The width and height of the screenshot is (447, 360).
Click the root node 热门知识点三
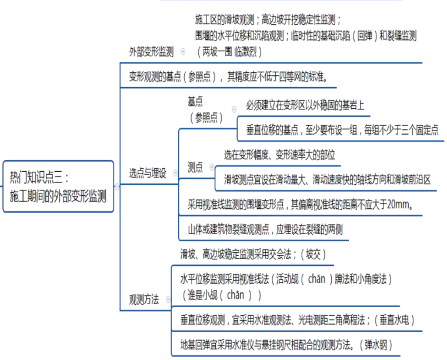58,185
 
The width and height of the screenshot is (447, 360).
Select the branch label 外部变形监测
151,52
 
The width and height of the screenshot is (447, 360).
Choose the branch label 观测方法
144,299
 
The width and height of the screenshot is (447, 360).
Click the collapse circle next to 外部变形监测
184,52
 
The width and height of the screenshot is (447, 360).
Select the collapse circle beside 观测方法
167,299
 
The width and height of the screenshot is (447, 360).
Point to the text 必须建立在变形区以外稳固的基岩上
305,106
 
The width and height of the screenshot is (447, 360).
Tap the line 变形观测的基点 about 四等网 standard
228,76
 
